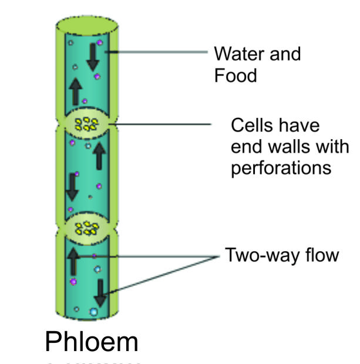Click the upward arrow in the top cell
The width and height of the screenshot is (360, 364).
coord(75,91)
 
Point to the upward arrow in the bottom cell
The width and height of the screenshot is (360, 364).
coord(73,262)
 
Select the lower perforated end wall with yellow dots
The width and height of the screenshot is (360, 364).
coord(90,228)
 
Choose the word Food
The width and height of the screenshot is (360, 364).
coord(235,76)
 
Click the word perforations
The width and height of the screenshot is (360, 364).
coord(281,168)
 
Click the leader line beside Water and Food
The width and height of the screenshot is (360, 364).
coord(159,53)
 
